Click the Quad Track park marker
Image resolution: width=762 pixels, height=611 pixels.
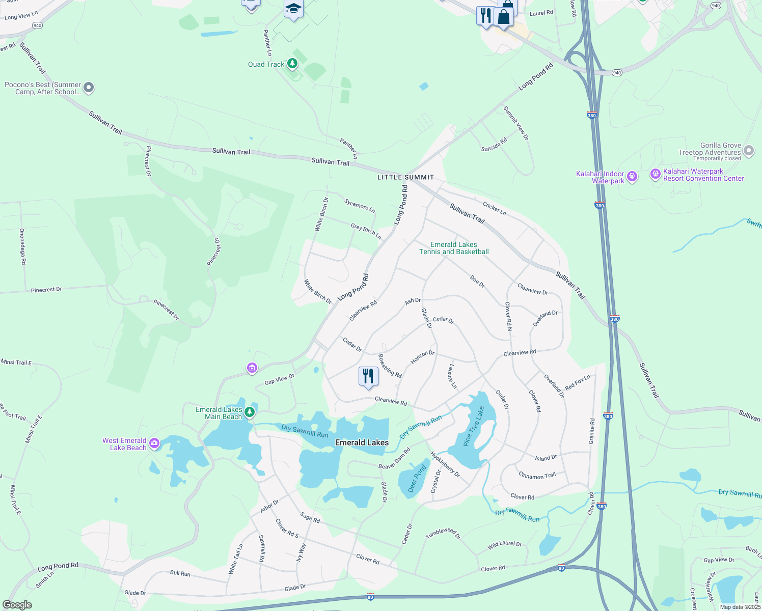[x=292, y=64]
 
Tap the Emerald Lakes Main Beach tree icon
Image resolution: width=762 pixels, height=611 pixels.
[x=250, y=412]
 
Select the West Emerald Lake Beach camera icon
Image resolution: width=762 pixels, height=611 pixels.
[x=154, y=443]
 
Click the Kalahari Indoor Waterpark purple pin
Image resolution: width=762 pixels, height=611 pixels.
[x=632, y=177]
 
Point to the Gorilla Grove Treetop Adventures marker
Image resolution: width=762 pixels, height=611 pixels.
[x=748, y=150]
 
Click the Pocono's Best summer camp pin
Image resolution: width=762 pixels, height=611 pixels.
[x=89, y=88]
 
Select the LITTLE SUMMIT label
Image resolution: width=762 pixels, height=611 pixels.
[x=405, y=177]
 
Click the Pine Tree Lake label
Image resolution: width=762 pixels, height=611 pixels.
[x=474, y=426]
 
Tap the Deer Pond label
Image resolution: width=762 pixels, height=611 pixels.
[x=417, y=479]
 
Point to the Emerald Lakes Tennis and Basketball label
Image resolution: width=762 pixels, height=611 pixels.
[x=454, y=248]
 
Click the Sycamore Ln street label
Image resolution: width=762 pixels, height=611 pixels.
[x=360, y=206]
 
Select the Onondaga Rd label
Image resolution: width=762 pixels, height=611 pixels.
[x=22, y=246]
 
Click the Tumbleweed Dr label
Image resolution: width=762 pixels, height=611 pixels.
[x=443, y=533]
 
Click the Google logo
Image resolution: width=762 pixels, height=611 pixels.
[x=17, y=605]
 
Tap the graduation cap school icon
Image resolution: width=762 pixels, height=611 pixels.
[x=293, y=9]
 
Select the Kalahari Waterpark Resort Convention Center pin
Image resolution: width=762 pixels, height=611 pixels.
[x=655, y=174]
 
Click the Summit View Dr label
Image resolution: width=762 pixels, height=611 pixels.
[x=515, y=123]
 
